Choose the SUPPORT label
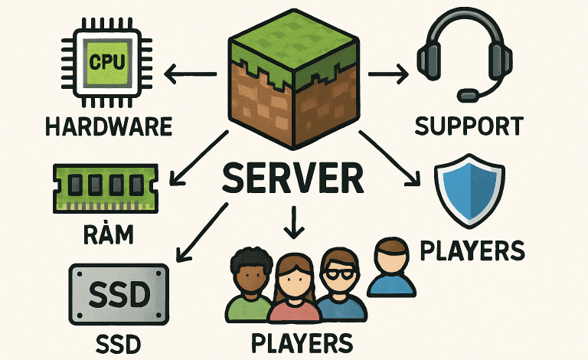click(x=469, y=126)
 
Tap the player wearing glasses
click(x=338, y=287)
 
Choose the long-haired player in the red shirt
click(x=293, y=291)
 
